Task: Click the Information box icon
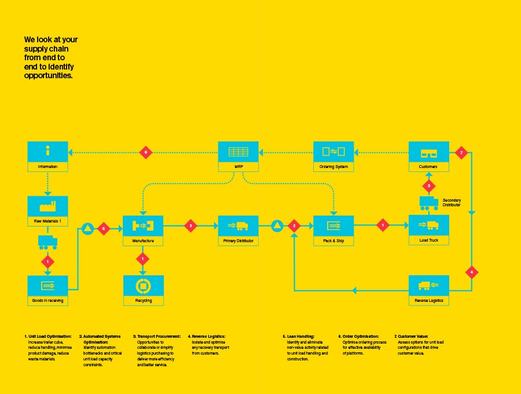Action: pyautogui.click(x=48, y=152)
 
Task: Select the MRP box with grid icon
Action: pyautogui.click(x=238, y=156)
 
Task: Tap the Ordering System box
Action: pyautogui.click(x=333, y=156)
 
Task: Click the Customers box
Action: pyautogui.click(x=428, y=156)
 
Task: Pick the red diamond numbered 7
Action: pyautogui.click(x=461, y=153)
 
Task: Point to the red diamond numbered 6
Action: pyautogui.click(x=146, y=153)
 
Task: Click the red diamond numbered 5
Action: pyautogui.click(x=104, y=228)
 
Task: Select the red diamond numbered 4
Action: pyautogui.click(x=472, y=272)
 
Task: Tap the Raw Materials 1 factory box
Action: pyautogui.click(x=48, y=210)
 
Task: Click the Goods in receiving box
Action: pyautogui.click(x=48, y=290)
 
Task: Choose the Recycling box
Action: pyautogui.click(x=144, y=290)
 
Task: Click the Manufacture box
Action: pyautogui.click(x=143, y=230)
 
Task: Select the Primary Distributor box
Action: pyautogui.click(x=238, y=230)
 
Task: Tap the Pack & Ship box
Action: pyautogui.click(x=333, y=230)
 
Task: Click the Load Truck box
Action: pyautogui.click(x=428, y=230)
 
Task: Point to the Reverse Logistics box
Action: pyautogui.click(x=428, y=290)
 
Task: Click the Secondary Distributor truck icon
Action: pyautogui.click(x=429, y=203)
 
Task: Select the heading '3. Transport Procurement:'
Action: pyautogui.click(x=157, y=336)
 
